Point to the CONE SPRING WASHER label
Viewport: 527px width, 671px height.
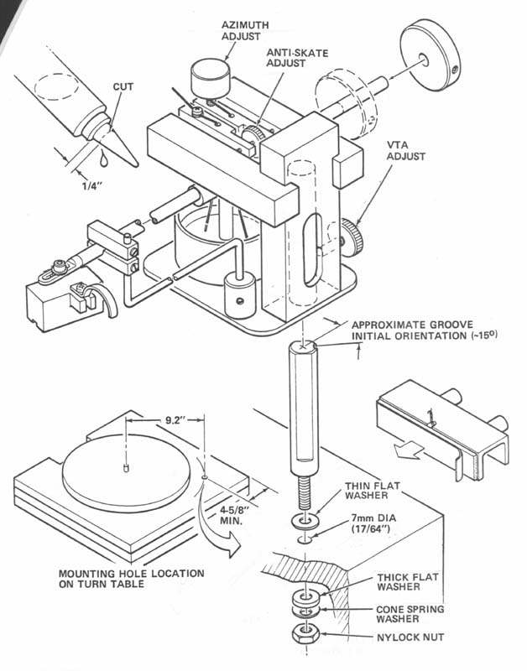[x=409, y=616]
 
